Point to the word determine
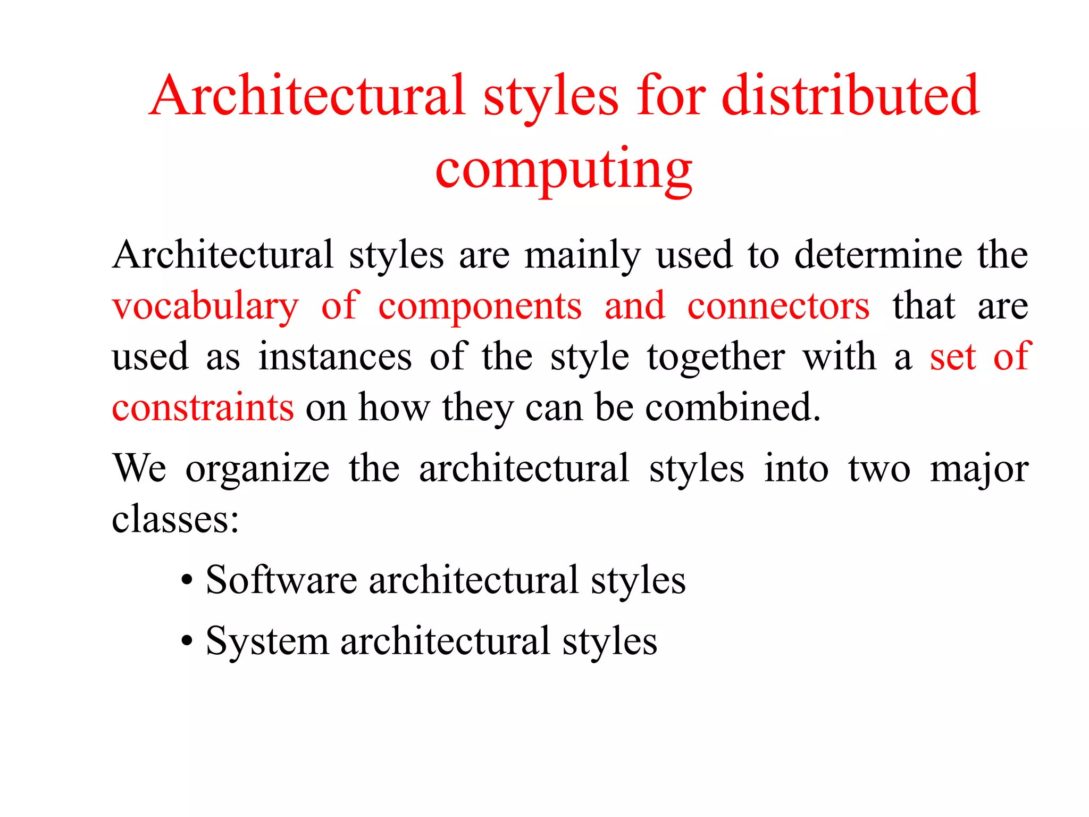[x=878, y=255]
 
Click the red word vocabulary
[x=205, y=307]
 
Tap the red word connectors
[x=778, y=307]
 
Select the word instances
[x=335, y=357]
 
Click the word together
[x=716, y=358]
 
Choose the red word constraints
[x=203, y=408]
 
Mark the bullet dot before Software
[x=186, y=581]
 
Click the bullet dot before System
[x=186, y=641]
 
